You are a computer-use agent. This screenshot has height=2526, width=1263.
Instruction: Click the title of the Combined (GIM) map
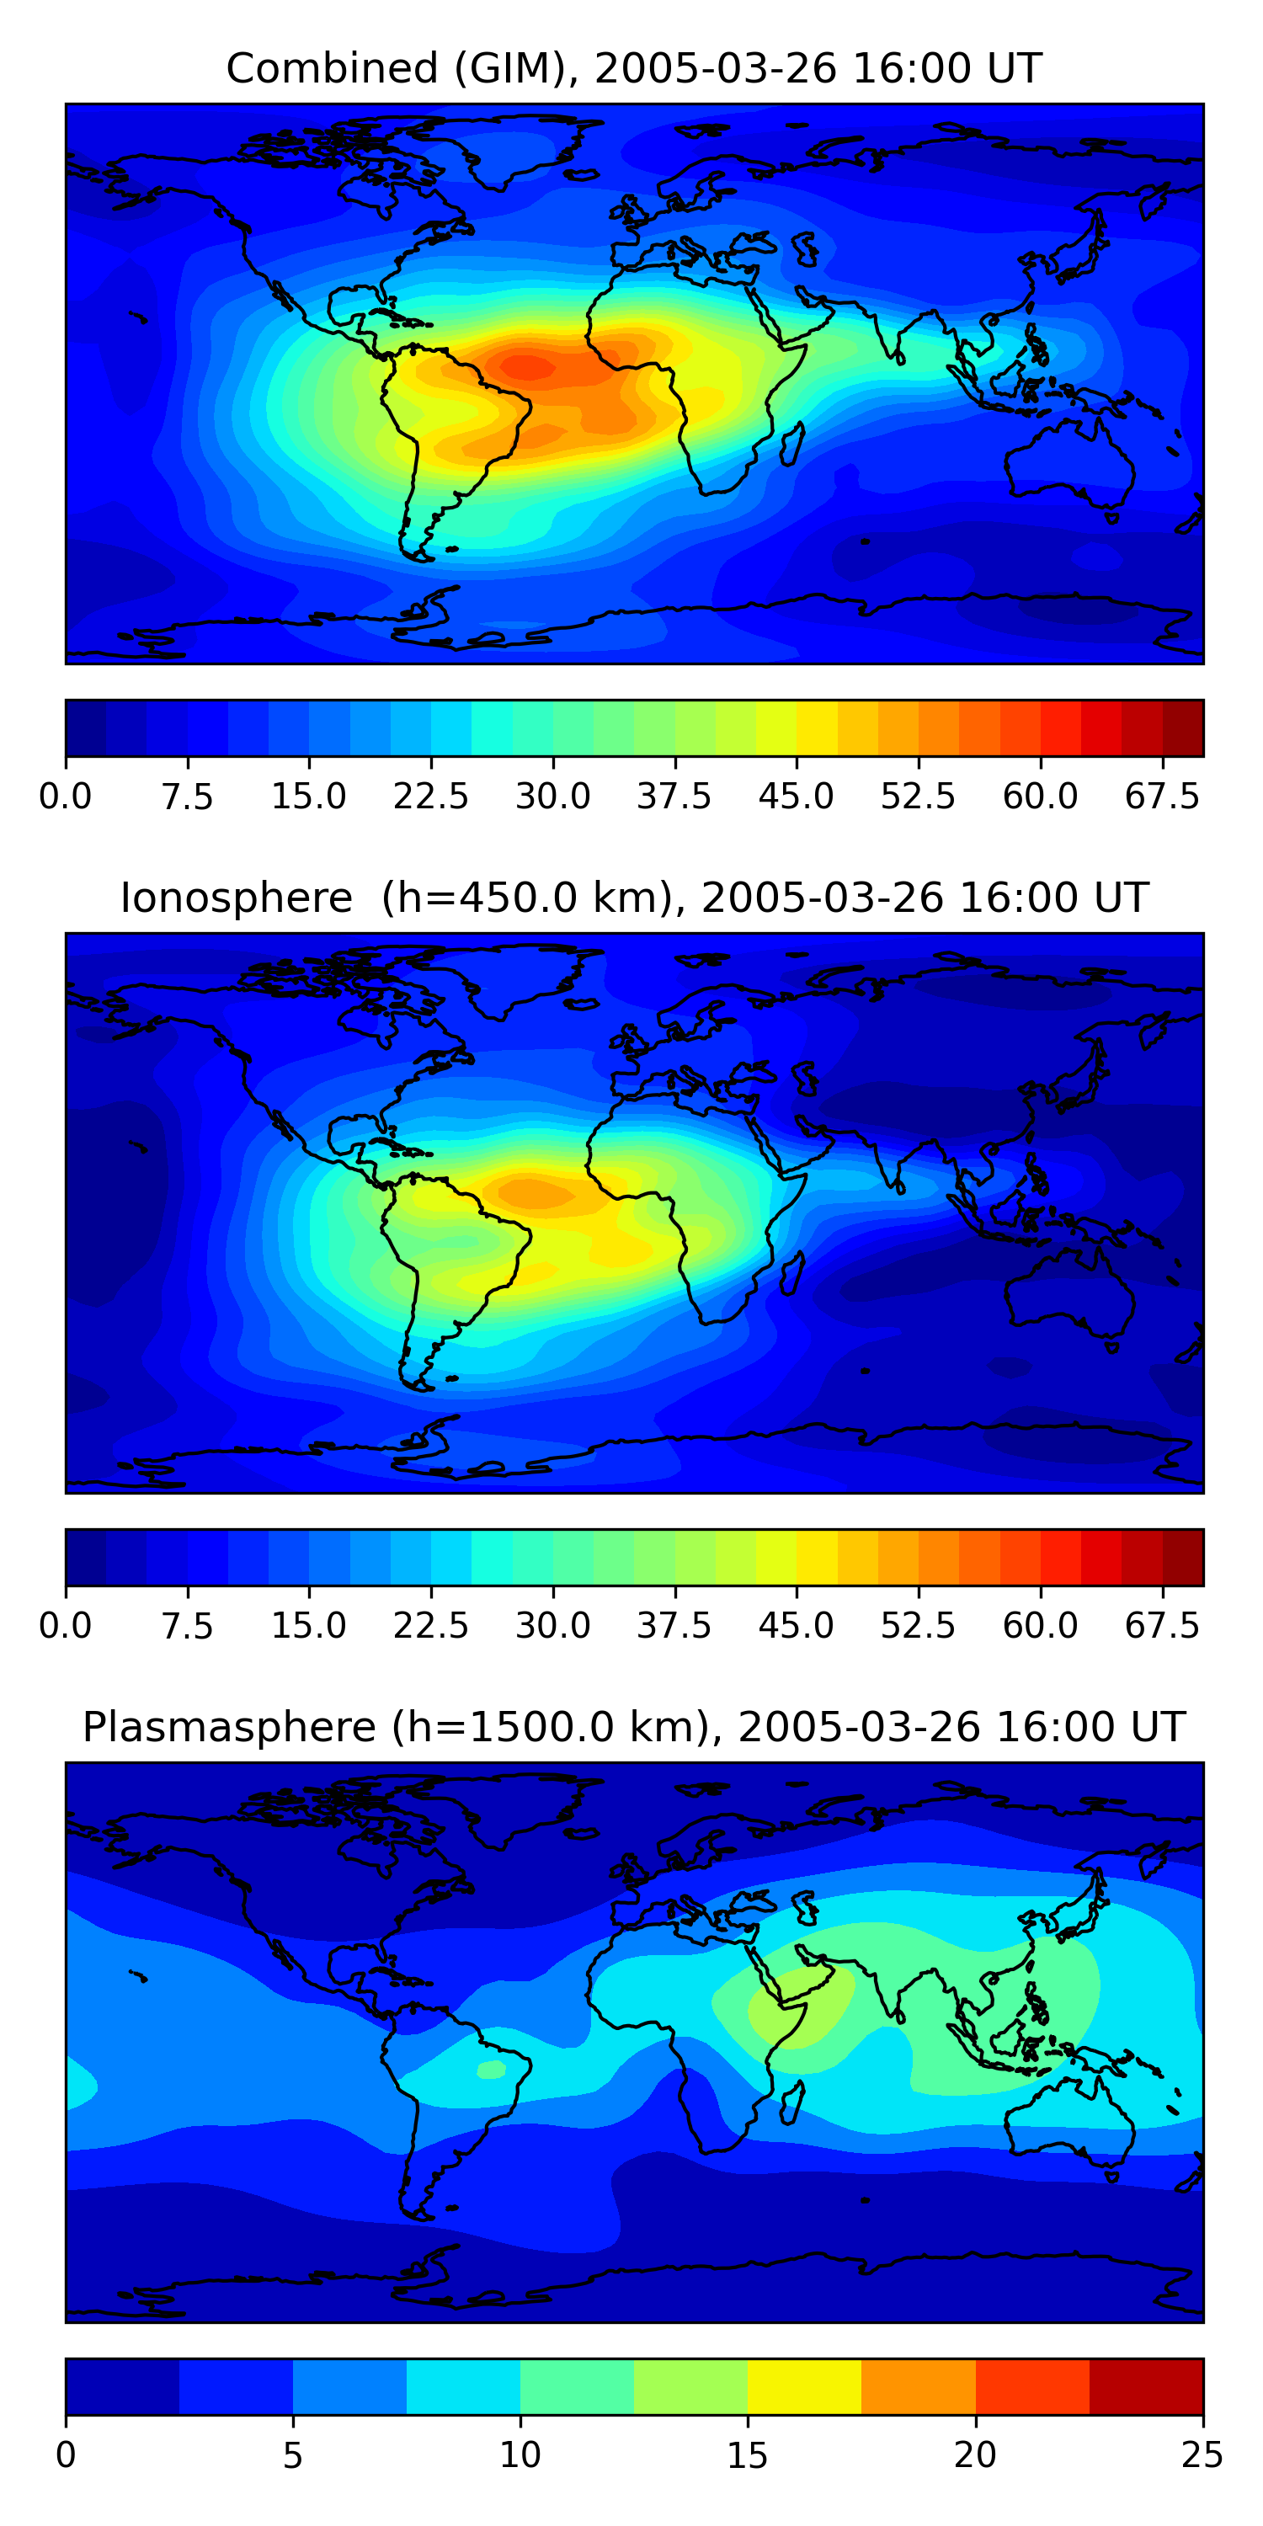pos(632,69)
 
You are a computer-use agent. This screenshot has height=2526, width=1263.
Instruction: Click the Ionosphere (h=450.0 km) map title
pos(632,898)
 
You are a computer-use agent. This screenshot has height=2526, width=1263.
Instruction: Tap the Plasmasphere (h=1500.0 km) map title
pos(632,1727)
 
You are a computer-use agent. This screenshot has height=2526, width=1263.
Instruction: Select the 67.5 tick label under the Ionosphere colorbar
pos(1162,1626)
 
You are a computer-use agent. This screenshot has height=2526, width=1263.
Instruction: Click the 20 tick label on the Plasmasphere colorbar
pos(975,2455)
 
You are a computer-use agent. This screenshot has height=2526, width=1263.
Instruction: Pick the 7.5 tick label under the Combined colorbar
pos(187,797)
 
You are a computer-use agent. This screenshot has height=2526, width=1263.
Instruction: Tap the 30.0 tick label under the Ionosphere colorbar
pos(552,1626)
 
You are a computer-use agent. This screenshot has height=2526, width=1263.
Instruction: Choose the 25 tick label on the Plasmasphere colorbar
pos(1202,2455)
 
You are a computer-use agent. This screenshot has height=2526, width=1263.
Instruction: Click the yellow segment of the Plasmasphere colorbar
pos(804,2385)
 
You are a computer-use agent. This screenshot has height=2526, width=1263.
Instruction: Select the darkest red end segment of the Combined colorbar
pos(1183,727)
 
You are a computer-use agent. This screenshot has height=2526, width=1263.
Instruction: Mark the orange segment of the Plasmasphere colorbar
pos(918,2385)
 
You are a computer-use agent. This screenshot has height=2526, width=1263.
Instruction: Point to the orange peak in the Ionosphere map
pos(535,1192)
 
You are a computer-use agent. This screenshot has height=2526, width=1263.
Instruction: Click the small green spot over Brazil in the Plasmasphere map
pos(490,2069)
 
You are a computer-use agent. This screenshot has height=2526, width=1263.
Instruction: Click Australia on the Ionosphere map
pos(1068,1294)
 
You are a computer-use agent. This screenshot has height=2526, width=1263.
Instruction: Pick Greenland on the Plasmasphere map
pos(520,1799)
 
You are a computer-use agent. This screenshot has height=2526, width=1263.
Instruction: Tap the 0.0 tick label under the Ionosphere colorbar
pos(65,1626)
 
